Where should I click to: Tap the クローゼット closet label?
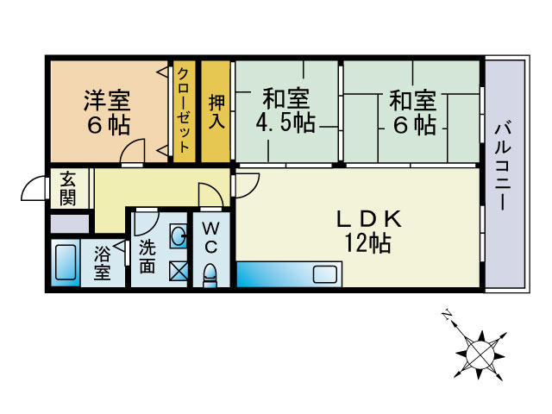pyautogui.click(x=184, y=110)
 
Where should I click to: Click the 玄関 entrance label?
pyautogui.click(x=67, y=189)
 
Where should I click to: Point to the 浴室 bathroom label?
pyautogui.click(x=102, y=264)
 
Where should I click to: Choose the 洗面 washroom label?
pyautogui.click(x=147, y=256)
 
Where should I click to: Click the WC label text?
pyautogui.click(x=210, y=238)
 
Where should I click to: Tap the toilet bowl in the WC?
pyautogui.click(x=210, y=275)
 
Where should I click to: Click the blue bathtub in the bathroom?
pyautogui.click(x=64, y=264)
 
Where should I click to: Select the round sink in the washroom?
pyautogui.click(x=177, y=235)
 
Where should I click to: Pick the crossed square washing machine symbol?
pyautogui.click(x=176, y=271)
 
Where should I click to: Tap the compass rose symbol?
pyautogui.click(x=480, y=352)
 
